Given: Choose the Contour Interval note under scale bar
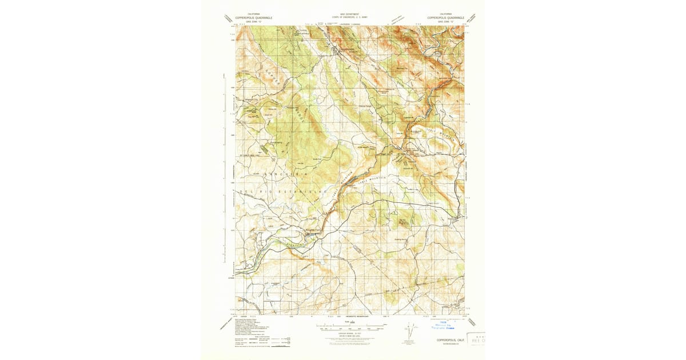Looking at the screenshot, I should (349, 333).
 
